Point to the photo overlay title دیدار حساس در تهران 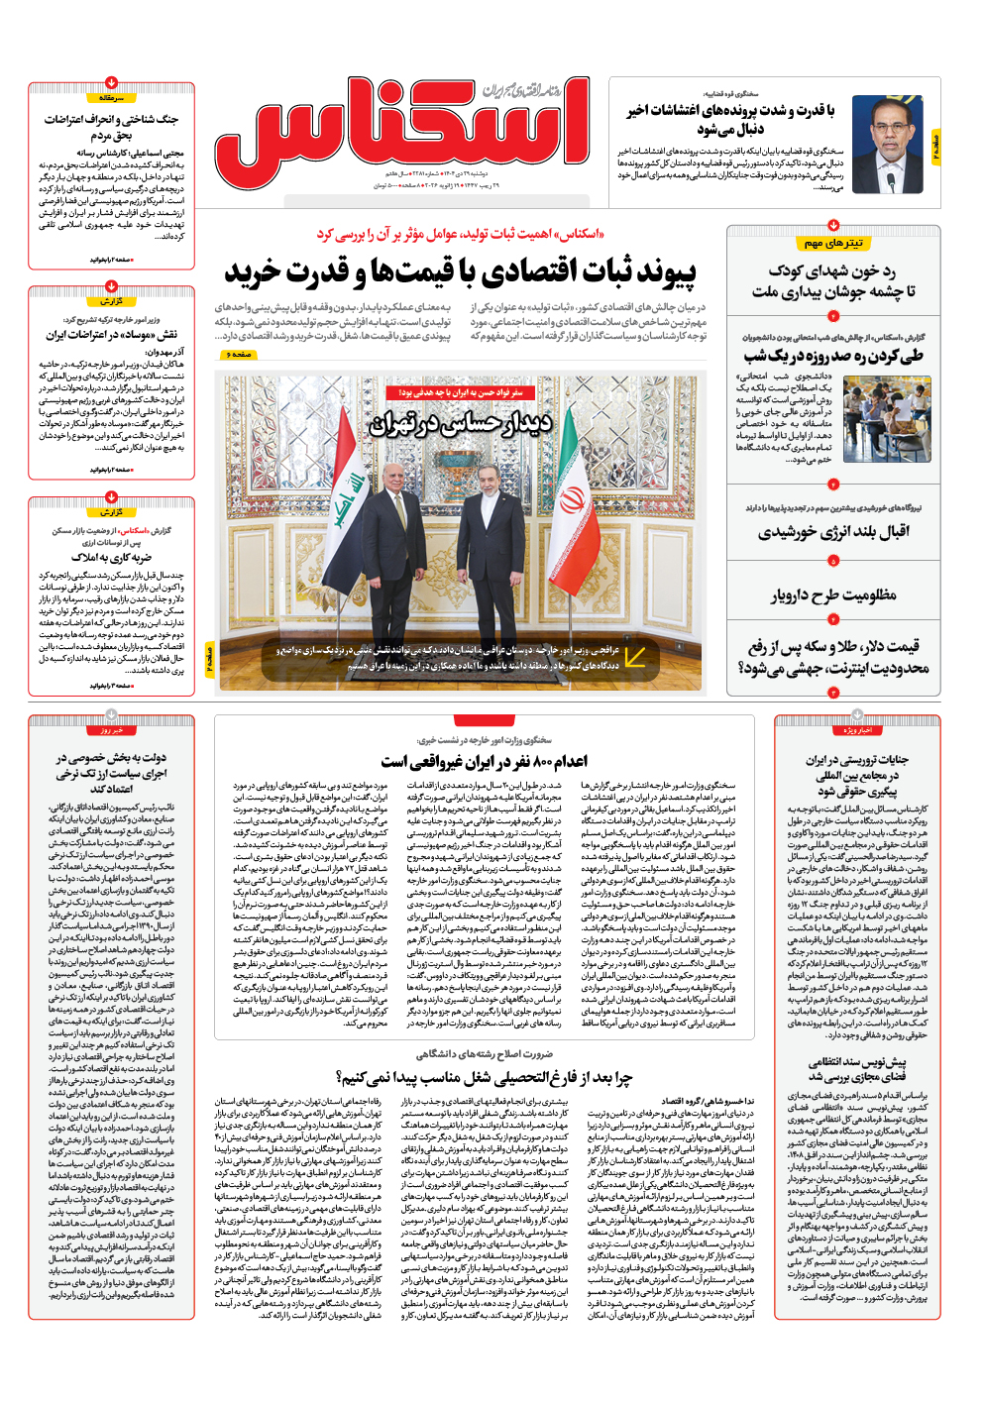(x=461, y=423)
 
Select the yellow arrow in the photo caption (x=635, y=656)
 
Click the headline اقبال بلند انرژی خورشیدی (x=833, y=533)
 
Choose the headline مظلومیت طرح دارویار (x=833, y=595)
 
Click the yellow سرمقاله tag (x=111, y=98)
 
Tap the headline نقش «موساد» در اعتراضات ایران (x=111, y=335)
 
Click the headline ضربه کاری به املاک (x=111, y=558)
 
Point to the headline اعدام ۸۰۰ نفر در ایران (x=484, y=761)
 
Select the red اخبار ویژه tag (x=858, y=730)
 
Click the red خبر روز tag (x=111, y=730)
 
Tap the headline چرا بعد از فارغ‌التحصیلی (x=484, y=1077)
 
